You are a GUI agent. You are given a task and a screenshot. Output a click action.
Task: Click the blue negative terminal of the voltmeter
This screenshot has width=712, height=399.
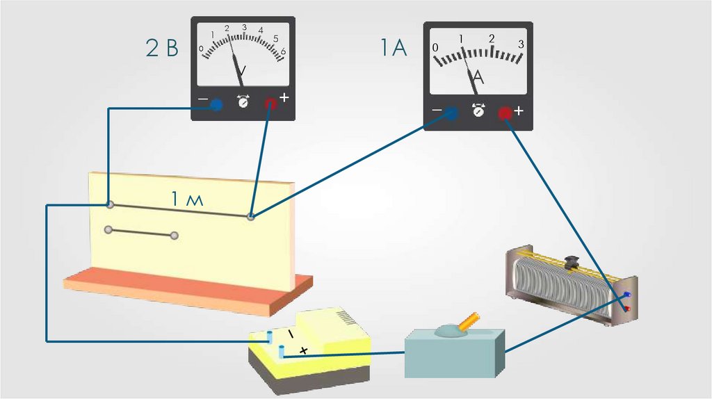(x=216, y=105)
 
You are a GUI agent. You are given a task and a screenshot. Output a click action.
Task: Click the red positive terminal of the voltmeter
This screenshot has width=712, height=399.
(x=270, y=104)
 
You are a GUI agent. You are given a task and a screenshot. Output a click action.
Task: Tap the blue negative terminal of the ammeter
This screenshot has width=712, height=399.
(x=451, y=113)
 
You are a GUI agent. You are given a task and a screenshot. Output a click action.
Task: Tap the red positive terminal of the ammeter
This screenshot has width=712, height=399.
(x=504, y=113)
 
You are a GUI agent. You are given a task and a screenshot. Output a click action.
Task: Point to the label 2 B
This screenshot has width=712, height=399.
(x=162, y=49)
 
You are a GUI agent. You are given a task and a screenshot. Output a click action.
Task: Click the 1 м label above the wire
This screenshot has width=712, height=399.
(x=187, y=199)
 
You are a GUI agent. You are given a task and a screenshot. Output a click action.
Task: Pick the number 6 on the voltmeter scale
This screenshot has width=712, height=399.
(x=283, y=51)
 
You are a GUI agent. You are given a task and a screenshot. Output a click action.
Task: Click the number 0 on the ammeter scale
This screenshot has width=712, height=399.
(x=435, y=47)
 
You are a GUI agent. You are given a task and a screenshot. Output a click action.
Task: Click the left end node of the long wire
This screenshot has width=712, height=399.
(x=109, y=204)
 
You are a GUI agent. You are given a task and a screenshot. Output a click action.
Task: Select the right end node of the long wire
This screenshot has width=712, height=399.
(x=251, y=217)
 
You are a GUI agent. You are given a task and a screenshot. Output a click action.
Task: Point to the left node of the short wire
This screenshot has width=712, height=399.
(x=108, y=229)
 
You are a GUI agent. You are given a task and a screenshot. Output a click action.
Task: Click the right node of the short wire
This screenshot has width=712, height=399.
(x=175, y=236)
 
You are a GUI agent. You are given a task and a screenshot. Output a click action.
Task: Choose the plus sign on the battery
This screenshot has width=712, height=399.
(x=303, y=350)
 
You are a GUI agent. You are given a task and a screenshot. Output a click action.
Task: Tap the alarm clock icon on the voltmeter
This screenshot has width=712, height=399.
(x=243, y=102)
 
